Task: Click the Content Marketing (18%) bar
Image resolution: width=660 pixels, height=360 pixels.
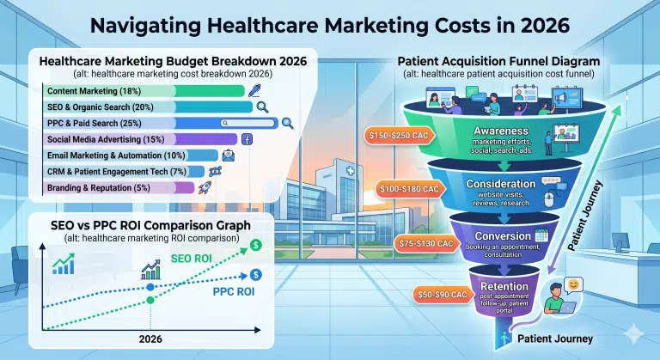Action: click(107, 90)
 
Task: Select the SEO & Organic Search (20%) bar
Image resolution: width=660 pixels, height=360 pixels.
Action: click(146, 107)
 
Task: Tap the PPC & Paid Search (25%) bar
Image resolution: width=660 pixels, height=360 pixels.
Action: click(159, 123)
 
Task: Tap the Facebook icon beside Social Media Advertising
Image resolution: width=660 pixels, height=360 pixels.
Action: click(247, 139)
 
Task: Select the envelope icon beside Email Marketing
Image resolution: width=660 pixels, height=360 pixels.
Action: click(229, 156)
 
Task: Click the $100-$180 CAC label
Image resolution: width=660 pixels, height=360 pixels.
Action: click(410, 188)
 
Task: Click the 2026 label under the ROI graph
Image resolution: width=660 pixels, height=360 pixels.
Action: click(151, 339)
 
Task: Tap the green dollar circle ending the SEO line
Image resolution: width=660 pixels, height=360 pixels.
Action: click(256, 246)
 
